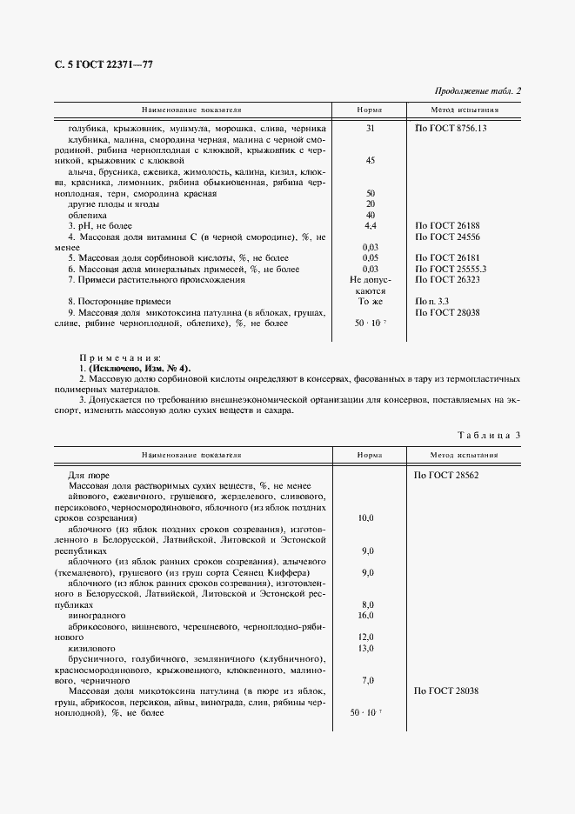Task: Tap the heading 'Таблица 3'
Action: [x=488, y=434]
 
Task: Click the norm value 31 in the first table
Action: [x=370, y=129]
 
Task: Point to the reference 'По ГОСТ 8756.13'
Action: [x=451, y=129]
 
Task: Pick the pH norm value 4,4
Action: [x=370, y=226]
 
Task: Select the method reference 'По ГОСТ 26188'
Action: [x=446, y=226]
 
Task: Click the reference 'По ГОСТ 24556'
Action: [x=446, y=237]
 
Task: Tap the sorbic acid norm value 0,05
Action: [x=370, y=258]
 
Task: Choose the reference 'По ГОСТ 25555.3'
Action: [x=451, y=270]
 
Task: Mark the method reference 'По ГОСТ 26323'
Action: [x=446, y=280]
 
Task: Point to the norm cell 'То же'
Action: [x=370, y=302]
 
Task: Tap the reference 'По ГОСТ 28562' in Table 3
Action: [x=446, y=476]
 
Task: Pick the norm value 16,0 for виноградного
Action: [x=366, y=615]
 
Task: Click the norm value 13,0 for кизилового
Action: [x=366, y=648]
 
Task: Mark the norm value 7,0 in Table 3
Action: [x=366, y=680]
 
